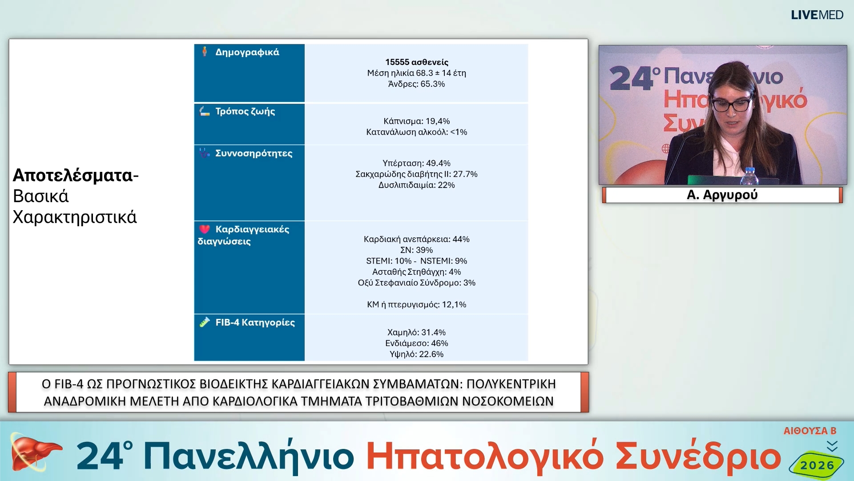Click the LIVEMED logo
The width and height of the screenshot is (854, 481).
click(x=817, y=15)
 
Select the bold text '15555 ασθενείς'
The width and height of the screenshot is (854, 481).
click(x=416, y=62)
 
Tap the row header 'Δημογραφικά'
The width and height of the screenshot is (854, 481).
click(x=247, y=52)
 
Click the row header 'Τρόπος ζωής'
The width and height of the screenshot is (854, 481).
click(x=245, y=111)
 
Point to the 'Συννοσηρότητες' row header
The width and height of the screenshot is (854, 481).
click(x=254, y=153)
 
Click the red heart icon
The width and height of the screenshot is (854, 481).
click(x=204, y=229)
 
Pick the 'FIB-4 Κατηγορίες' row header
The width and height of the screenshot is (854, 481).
click(x=255, y=322)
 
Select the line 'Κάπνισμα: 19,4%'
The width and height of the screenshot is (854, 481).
click(x=416, y=121)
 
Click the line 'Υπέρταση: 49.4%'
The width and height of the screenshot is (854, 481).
click(x=416, y=163)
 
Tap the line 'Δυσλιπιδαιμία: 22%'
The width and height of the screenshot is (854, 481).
click(x=416, y=185)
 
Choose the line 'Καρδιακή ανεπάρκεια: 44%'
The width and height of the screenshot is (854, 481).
click(x=416, y=239)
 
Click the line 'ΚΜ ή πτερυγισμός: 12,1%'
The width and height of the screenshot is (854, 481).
click(x=416, y=305)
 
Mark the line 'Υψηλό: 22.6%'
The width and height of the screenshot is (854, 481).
click(x=416, y=354)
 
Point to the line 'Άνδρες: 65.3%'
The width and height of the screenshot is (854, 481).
click(x=416, y=84)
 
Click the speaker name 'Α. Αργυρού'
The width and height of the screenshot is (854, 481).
click(x=722, y=195)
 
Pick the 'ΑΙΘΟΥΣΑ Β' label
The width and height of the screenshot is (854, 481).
click(x=810, y=431)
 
